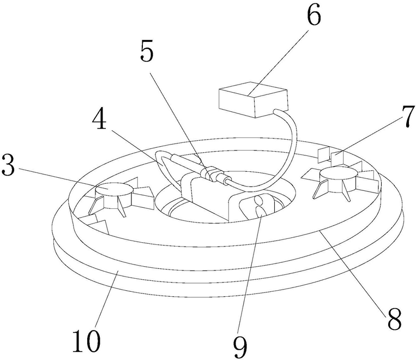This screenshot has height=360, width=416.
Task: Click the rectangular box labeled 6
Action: [252, 98]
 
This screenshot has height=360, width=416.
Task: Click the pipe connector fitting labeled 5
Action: [210, 174]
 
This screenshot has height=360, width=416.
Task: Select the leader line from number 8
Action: [354, 267]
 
